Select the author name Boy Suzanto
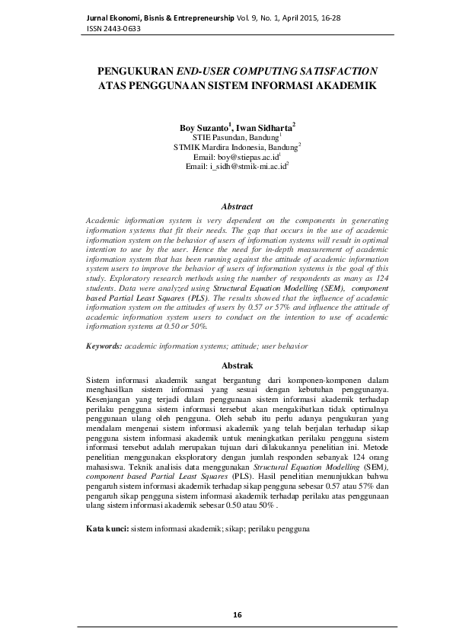point(206,127)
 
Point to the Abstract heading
point(236,206)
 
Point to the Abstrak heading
point(236,366)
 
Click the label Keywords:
point(104,346)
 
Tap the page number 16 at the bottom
point(236,615)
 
